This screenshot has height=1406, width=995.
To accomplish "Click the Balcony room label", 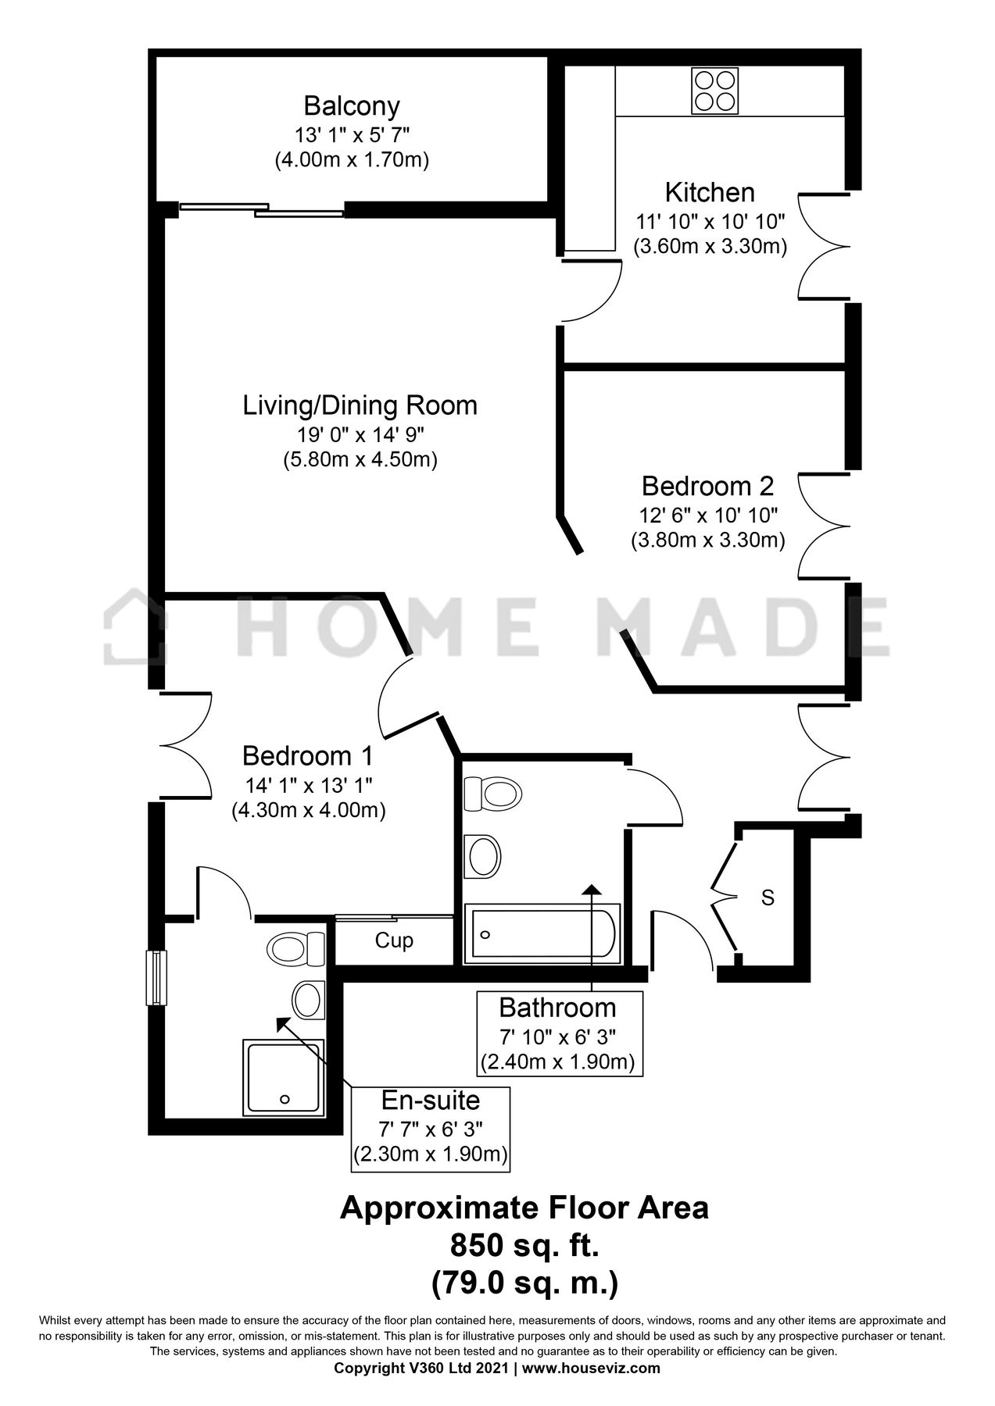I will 352,105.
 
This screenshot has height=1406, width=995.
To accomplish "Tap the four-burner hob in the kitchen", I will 714,91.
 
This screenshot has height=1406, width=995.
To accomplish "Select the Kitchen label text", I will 710,192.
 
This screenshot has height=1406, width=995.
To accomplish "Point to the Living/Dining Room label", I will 360,405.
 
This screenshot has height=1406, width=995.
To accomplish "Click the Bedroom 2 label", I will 707,486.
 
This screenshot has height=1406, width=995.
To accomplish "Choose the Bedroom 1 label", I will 308,756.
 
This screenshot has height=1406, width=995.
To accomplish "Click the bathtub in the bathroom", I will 542,933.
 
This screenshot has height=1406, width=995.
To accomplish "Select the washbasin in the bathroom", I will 482,856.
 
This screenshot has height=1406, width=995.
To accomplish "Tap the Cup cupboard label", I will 394,940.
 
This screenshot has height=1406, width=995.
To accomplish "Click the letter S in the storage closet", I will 768,898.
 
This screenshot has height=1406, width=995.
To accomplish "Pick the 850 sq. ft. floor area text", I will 524,1245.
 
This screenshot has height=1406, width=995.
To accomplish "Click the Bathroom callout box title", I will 558,1008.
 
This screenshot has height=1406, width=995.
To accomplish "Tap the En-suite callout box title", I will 431,1100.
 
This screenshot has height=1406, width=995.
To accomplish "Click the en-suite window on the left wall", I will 156,977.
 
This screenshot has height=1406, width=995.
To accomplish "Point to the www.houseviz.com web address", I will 591,1368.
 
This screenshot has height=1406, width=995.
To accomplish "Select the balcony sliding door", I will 262,209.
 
